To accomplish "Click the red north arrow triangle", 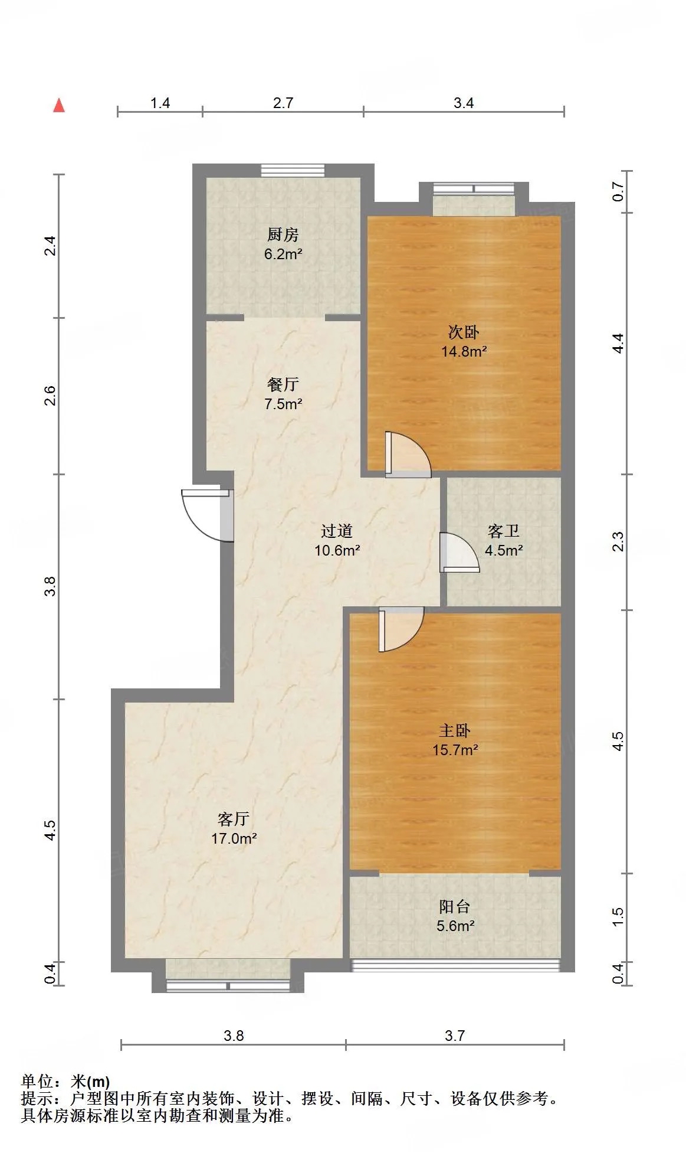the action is pyautogui.click(x=59, y=105).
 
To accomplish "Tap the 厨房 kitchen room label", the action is pyautogui.click(x=283, y=234).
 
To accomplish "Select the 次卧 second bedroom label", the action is pyautogui.click(x=464, y=332).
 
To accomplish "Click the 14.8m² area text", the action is pyautogui.click(x=464, y=351).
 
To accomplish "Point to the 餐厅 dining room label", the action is pyautogui.click(x=283, y=384).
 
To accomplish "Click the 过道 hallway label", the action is pyautogui.click(x=337, y=531).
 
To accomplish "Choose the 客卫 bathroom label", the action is pyautogui.click(x=504, y=531).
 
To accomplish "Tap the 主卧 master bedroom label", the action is pyautogui.click(x=455, y=730).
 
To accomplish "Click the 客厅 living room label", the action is pyautogui.click(x=234, y=819).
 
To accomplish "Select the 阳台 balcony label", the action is pyautogui.click(x=455, y=906).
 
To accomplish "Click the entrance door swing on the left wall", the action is pyautogui.click(x=206, y=515).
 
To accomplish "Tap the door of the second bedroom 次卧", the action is pyautogui.click(x=408, y=455).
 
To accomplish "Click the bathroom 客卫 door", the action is pyautogui.click(x=459, y=553).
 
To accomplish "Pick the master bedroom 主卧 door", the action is pyautogui.click(x=401, y=629).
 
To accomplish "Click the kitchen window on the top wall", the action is pyautogui.click(x=293, y=171).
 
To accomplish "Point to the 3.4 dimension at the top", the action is pyautogui.click(x=464, y=103).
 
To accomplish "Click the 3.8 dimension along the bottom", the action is pyautogui.click(x=234, y=1036).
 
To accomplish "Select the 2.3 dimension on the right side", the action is pyautogui.click(x=618, y=541).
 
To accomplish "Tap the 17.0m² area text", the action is pyautogui.click(x=234, y=838).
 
